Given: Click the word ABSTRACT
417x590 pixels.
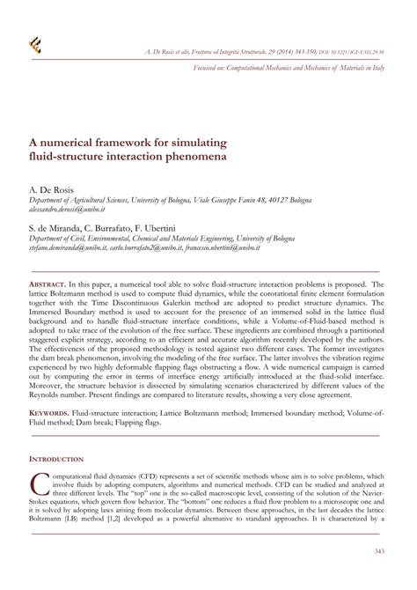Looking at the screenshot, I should [x=52, y=262].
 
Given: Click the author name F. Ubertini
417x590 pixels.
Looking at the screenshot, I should [x=178, y=226].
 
